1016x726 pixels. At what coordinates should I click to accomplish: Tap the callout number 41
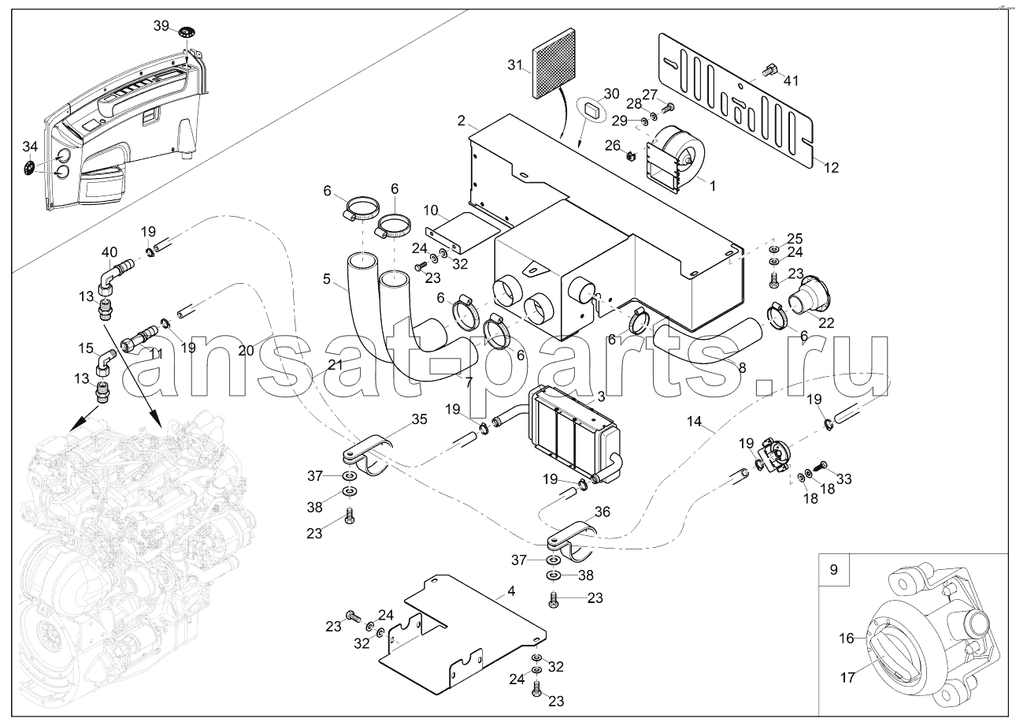(791, 80)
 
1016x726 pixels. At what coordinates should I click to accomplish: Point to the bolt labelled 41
(769, 70)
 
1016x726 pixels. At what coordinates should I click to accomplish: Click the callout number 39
(161, 26)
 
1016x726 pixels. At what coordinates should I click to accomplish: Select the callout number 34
(29, 147)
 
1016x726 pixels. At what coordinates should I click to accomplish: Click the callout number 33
(844, 478)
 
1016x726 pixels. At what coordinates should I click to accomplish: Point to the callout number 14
(694, 422)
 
